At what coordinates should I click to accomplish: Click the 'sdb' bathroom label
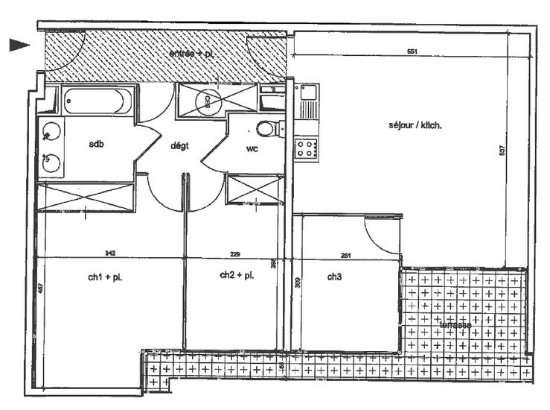click(x=95, y=144)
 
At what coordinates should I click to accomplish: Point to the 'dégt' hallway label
click(x=179, y=146)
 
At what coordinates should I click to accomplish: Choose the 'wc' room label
click(x=252, y=148)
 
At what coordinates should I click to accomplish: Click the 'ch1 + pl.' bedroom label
click(x=105, y=278)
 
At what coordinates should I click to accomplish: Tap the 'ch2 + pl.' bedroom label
click(x=237, y=275)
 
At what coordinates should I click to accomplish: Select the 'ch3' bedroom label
click(x=334, y=277)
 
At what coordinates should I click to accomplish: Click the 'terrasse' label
click(x=455, y=325)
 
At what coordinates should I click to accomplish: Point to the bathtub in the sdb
click(x=98, y=101)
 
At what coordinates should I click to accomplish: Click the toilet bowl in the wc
click(x=266, y=129)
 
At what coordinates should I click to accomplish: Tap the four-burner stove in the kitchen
click(x=306, y=148)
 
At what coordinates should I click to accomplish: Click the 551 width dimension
click(x=411, y=51)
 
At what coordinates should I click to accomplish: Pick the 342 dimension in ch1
click(x=110, y=253)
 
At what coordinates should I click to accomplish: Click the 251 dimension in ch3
click(x=345, y=255)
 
